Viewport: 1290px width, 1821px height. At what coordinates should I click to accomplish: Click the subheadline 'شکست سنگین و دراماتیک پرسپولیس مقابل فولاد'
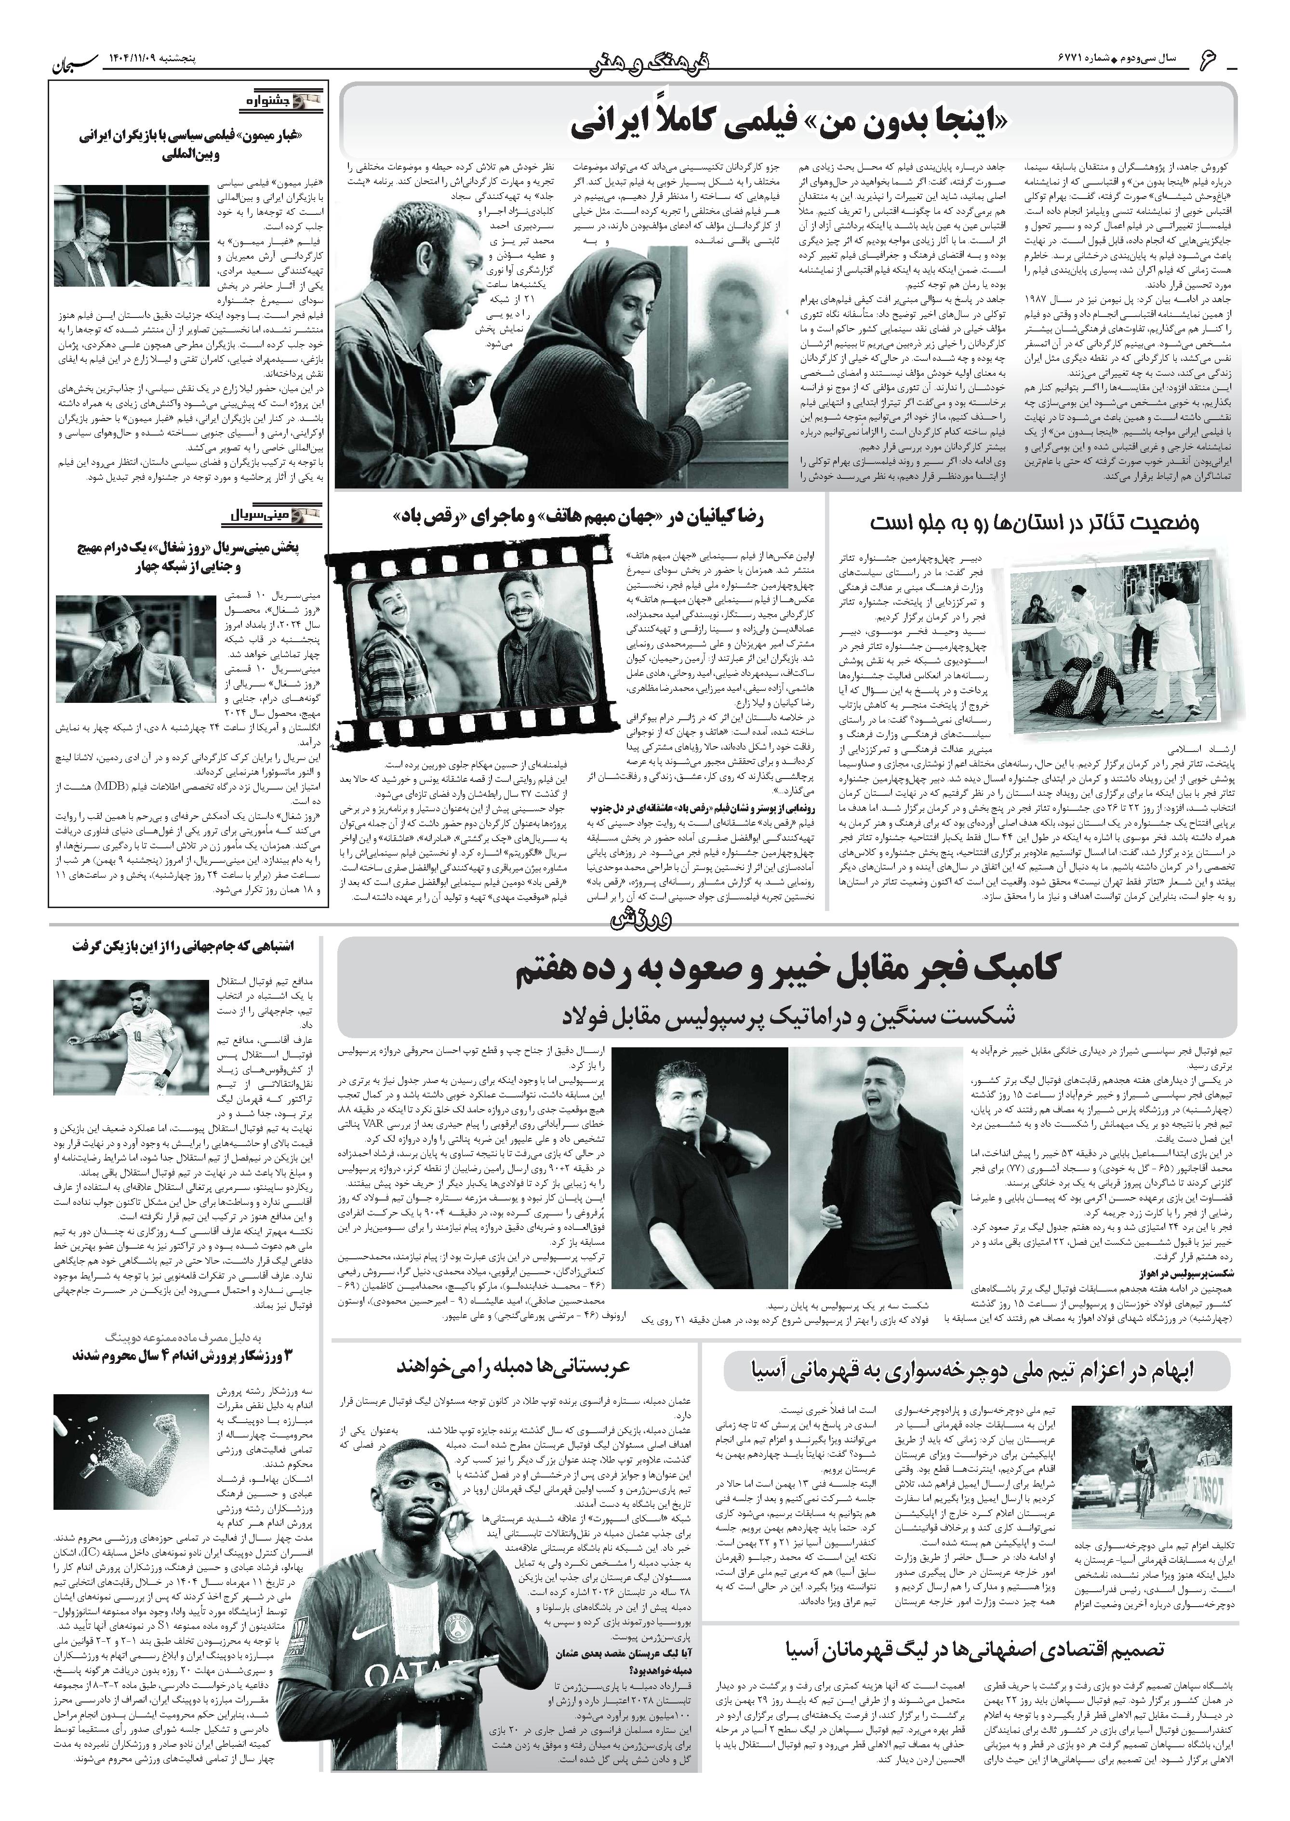(786, 1015)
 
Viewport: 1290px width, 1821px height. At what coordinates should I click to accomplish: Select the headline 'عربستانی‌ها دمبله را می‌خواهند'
(515, 1365)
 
